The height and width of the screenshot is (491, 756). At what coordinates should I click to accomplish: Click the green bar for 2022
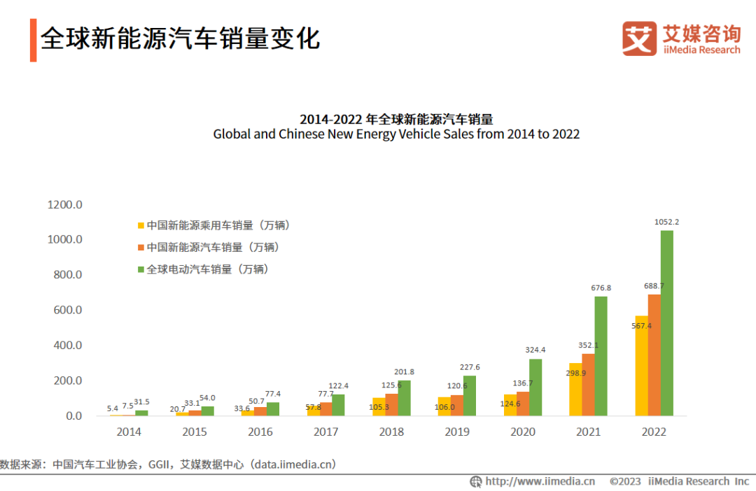[667, 323]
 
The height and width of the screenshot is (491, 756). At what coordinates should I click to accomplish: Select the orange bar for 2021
[588, 385]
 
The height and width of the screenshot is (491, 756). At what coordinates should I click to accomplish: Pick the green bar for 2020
[535, 387]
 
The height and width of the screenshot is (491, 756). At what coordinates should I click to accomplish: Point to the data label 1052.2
[666, 222]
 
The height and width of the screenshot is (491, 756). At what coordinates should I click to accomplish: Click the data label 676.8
[601, 287]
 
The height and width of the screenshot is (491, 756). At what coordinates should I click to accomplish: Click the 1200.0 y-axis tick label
[65, 205]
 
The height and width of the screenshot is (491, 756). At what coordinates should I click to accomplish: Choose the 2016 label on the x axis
[260, 432]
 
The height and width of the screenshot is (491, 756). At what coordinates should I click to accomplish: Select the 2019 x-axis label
[457, 432]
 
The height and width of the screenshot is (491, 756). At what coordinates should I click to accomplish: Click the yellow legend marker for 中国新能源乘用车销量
[141, 226]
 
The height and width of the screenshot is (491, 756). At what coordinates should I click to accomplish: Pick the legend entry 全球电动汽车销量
[207, 269]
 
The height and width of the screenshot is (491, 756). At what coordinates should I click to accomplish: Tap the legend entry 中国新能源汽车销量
[212, 248]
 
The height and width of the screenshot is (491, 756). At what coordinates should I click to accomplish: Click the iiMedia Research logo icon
[639, 38]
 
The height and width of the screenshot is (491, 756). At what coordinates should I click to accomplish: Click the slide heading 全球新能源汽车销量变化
[180, 38]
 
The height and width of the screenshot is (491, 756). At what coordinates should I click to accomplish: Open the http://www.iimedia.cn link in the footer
[540, 481]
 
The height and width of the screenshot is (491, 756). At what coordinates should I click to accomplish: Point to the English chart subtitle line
[396, 134]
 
